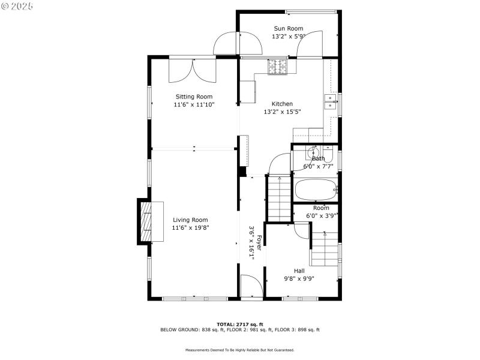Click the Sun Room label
[x=288, y=28]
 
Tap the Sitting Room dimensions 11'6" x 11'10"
[x=194, y=104]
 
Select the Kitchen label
[x=282, y=104]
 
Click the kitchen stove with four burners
[x=277, y=67]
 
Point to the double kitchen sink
[x=330, y=102]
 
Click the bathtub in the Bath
[x=316, y=190]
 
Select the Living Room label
[x=190, y=220]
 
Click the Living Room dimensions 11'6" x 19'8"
[x=190, y=227]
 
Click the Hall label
[x=299, y=271]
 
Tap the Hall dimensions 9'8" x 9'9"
[x=299, y=278]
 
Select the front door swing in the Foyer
[x=251, y=284]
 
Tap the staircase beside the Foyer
[x=277, y=198]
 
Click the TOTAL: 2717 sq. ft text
[x=239, y=324]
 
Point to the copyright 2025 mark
[x=17, y=5]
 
